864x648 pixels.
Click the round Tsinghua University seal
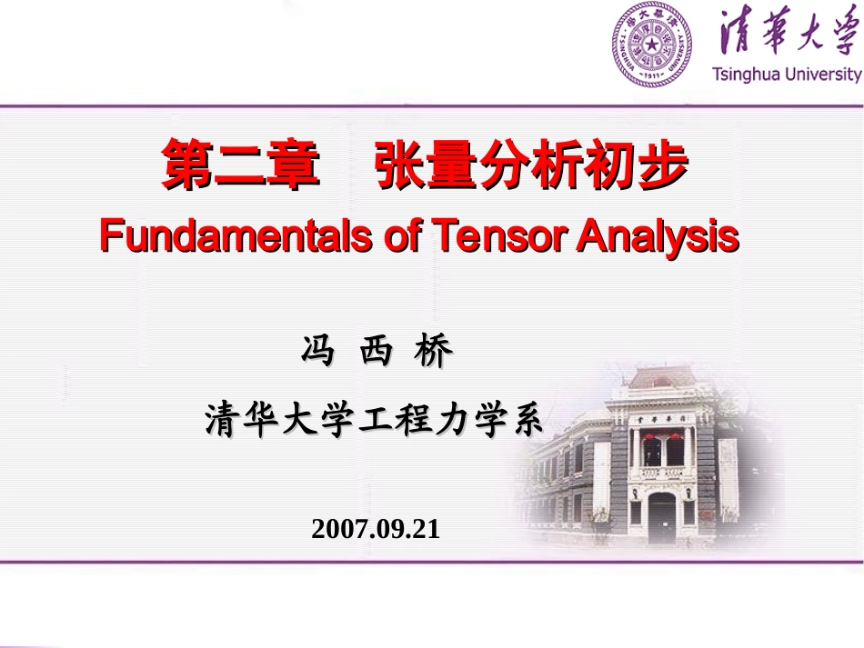click(651, 44)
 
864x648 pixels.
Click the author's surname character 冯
click(317, 352)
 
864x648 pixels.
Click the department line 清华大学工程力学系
click(374, 420)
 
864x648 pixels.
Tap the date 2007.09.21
click(375, 528)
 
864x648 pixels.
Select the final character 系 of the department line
click(526, 420)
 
